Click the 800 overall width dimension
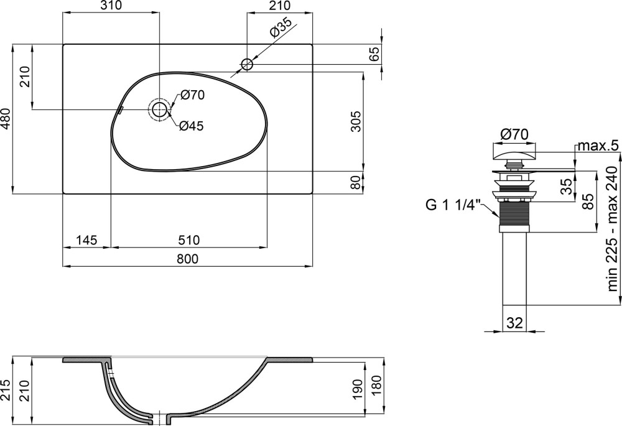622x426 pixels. click(x=187, y=259)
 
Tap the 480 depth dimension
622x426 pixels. click(x=6, y=119)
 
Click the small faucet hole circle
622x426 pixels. click(x=247, y=64)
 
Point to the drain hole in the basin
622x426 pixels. click(x=159, y=109)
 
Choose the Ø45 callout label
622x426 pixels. click(x=191, y=126)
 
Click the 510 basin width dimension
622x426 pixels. click(x=188, y=240)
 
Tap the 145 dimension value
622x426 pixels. click(x=86, y=240)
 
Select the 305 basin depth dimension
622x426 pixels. click(x=356, y=121)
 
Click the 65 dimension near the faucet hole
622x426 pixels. click(x=374, y=54)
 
